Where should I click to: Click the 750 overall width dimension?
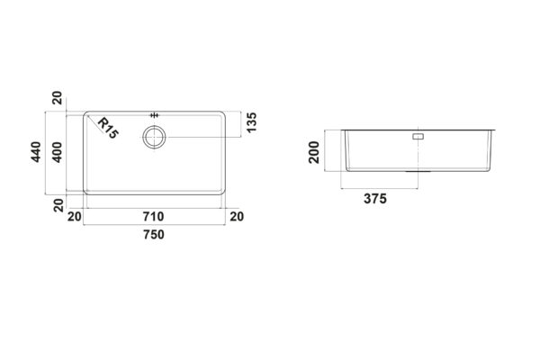(154, 235)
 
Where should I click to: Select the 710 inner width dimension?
(154, 217)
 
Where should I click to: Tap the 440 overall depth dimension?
(36, 152)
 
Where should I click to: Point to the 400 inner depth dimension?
(57, 152)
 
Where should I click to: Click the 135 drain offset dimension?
(252, 122)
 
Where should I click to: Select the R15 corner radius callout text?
(108, 128)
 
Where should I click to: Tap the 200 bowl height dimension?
(314, 152)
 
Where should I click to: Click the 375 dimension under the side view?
(375, 199)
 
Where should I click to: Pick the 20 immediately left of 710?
(75, 217)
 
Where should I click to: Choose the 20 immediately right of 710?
(237, 217)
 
